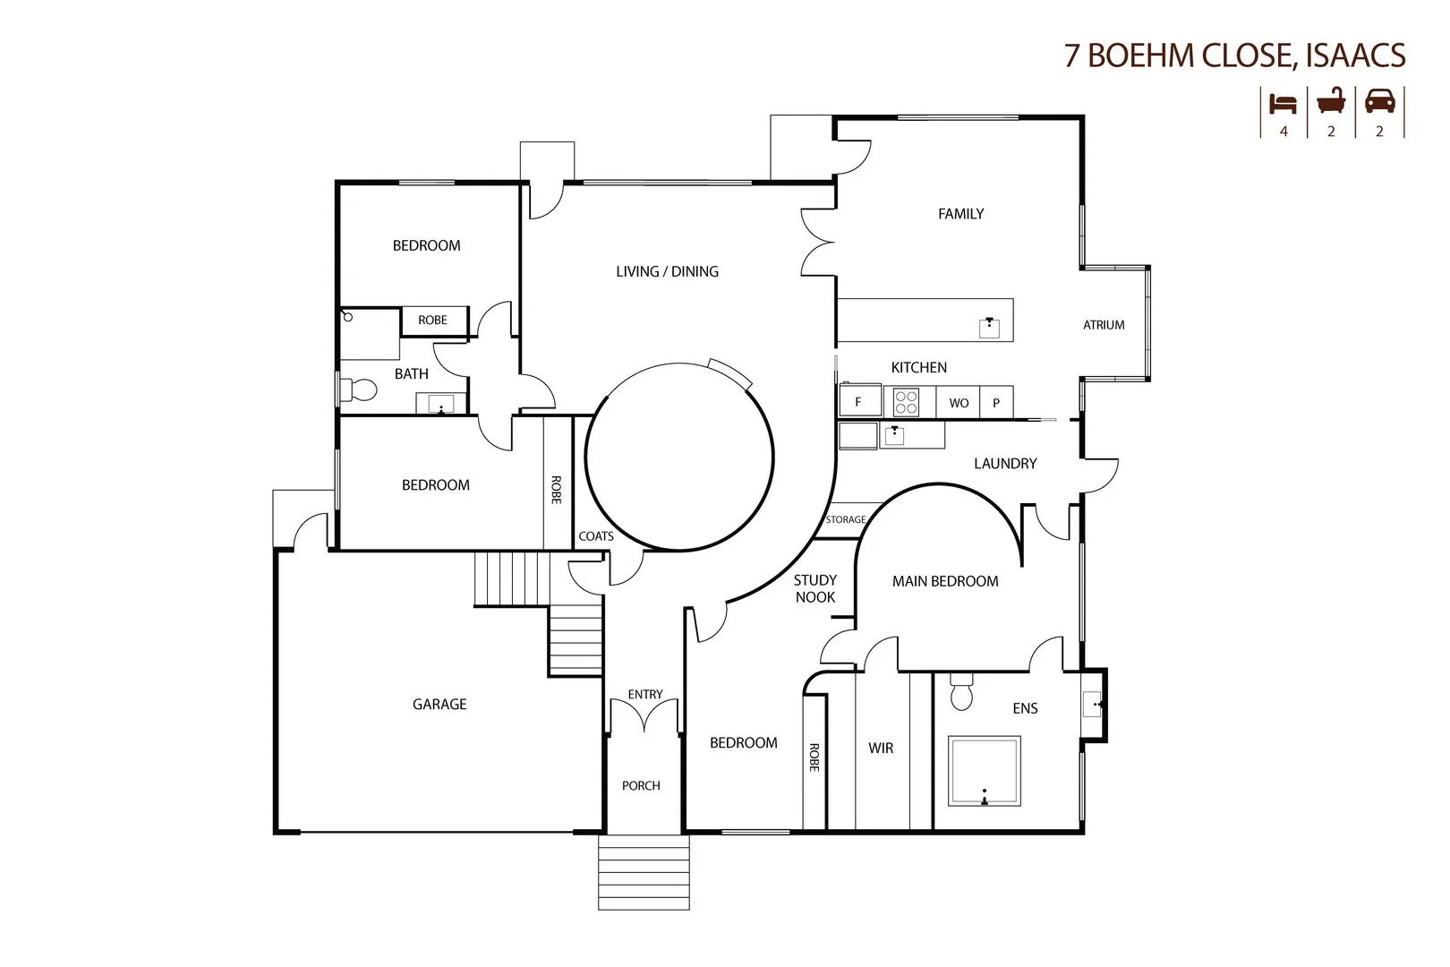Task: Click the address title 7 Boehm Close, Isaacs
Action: [1234, 55]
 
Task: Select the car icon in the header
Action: [1379, 101]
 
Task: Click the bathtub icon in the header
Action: [1331, 101]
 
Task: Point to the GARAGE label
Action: [439, 705]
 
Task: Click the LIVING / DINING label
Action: [667, 271]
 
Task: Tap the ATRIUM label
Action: [1104, 325]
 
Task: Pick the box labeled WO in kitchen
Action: [959, 403]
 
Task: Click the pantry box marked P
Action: [996, 403]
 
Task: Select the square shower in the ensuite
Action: [985, 771]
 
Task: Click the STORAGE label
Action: [846, 519]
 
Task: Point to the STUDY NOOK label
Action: [815, 589]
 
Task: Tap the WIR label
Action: [881, 748]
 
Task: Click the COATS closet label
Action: [596, 536]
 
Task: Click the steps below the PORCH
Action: [644, 872]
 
